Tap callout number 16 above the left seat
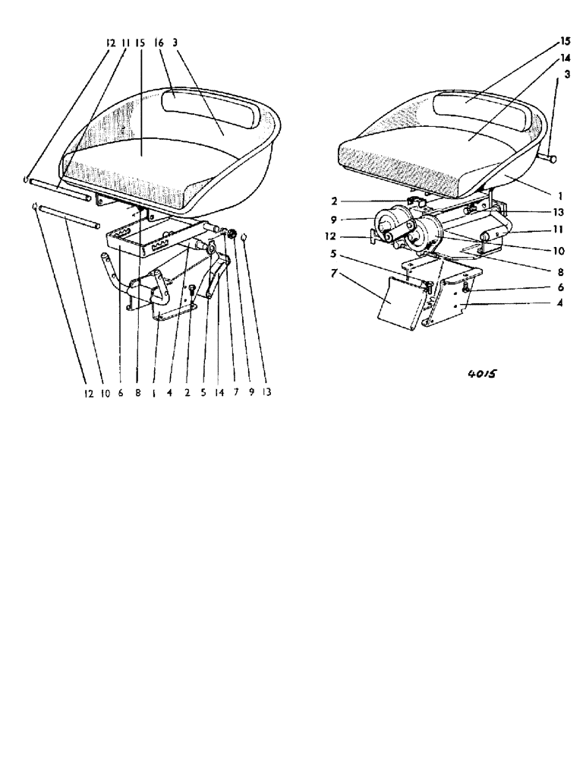[159, 44]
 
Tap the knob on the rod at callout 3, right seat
[551, 160]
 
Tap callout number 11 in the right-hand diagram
[537, 228]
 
